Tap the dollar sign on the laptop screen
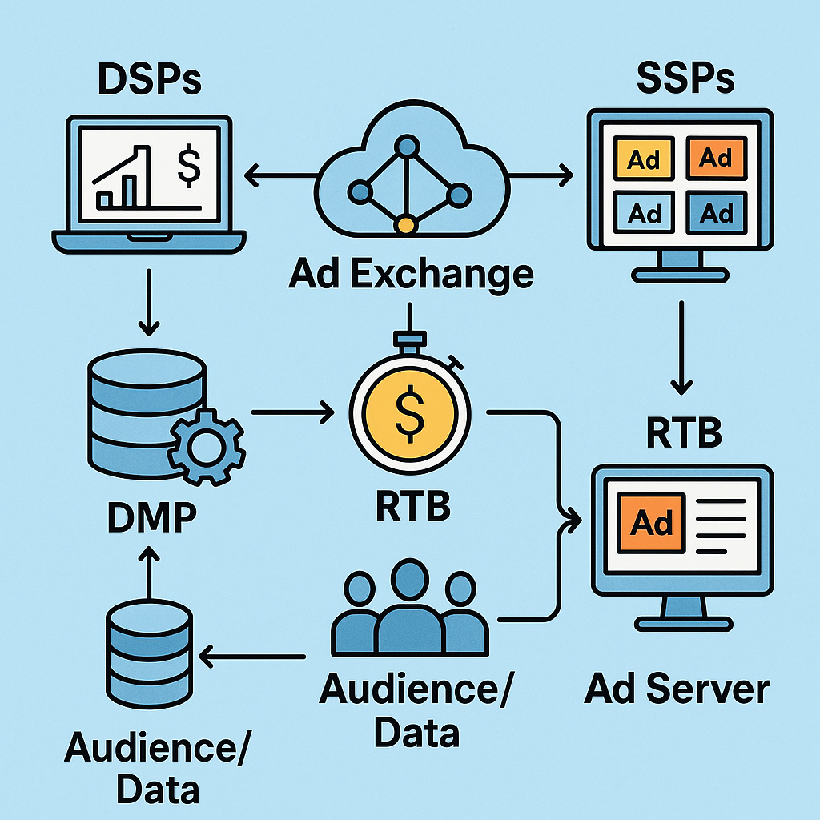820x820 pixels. (x=189, y=164)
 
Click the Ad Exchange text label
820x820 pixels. (x=411, y=275)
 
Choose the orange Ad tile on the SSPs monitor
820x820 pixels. (x=716, y=157)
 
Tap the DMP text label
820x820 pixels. (x=151, y=518)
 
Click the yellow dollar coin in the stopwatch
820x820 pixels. (x=410, y=412)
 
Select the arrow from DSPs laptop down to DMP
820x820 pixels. (x=148, y=304)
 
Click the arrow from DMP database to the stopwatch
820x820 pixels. (x=293, y=413)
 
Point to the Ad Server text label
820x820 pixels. (x=677, y=689)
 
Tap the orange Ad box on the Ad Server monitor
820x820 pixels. (x=651, y=523)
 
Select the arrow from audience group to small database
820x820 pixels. (x=252, y=657)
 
